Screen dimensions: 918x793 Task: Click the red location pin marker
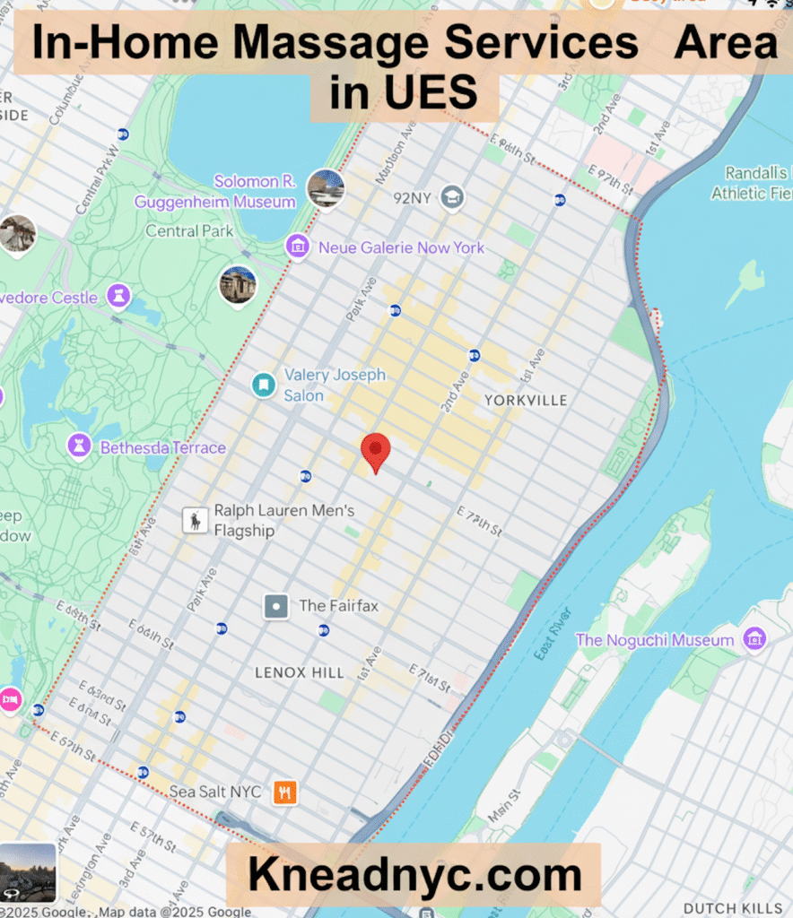click(375, 451)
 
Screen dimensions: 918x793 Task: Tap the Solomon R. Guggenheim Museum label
click(215, 192)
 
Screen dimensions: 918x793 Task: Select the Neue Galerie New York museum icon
click(298, 247)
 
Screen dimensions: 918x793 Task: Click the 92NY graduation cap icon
click(452, 197)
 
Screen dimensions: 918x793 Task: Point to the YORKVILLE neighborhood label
click(526, 400)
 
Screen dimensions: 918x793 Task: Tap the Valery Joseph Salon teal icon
click(263, 385)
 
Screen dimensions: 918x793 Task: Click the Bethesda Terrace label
click(162, 447)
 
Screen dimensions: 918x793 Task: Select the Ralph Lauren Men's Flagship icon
click(195, 520)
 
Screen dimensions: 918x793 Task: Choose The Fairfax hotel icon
click(276, 606)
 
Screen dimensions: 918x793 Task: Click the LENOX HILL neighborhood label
click(300, 672)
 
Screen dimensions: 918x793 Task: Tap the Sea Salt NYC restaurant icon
click(285, 792)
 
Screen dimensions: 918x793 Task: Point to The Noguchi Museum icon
click(755, 639)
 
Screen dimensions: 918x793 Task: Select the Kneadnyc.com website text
click(414, 875)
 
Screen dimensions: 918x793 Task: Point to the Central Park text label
click(189, 230)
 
